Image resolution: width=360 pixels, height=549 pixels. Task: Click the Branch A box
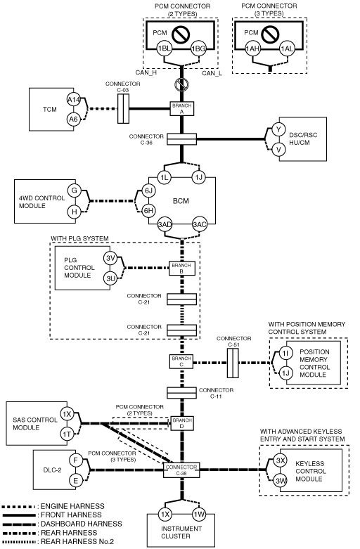[182, 108]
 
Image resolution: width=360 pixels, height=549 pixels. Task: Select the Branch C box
[181, 362]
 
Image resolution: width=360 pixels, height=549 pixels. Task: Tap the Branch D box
[182, 423]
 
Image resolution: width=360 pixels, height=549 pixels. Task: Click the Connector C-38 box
[181, 470]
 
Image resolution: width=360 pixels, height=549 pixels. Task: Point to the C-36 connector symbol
[181, 139]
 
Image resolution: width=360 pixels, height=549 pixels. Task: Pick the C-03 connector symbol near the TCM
[123, 108]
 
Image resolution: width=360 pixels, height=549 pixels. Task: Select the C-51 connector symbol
[233, 363]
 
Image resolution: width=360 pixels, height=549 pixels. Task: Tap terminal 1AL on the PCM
[286, 49]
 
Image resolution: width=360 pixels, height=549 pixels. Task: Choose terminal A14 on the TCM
[74, 100]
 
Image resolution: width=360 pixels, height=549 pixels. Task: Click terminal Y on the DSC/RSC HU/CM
[278, 129]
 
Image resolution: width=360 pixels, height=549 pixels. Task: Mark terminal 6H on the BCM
[149, 210]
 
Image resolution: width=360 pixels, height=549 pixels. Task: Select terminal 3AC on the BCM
[199, 224]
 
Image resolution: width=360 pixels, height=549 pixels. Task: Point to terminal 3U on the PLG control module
[110, 278]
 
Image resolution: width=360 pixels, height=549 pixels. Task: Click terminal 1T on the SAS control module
[67, 434]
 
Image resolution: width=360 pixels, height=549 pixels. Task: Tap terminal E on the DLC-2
[76, 481]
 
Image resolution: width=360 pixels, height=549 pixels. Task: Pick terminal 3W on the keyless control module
[281, 481]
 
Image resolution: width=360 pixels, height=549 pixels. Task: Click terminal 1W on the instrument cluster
[199, 515]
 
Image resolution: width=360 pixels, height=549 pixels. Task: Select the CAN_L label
[212, 73]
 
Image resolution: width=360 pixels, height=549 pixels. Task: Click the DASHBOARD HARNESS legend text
[82, 524]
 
